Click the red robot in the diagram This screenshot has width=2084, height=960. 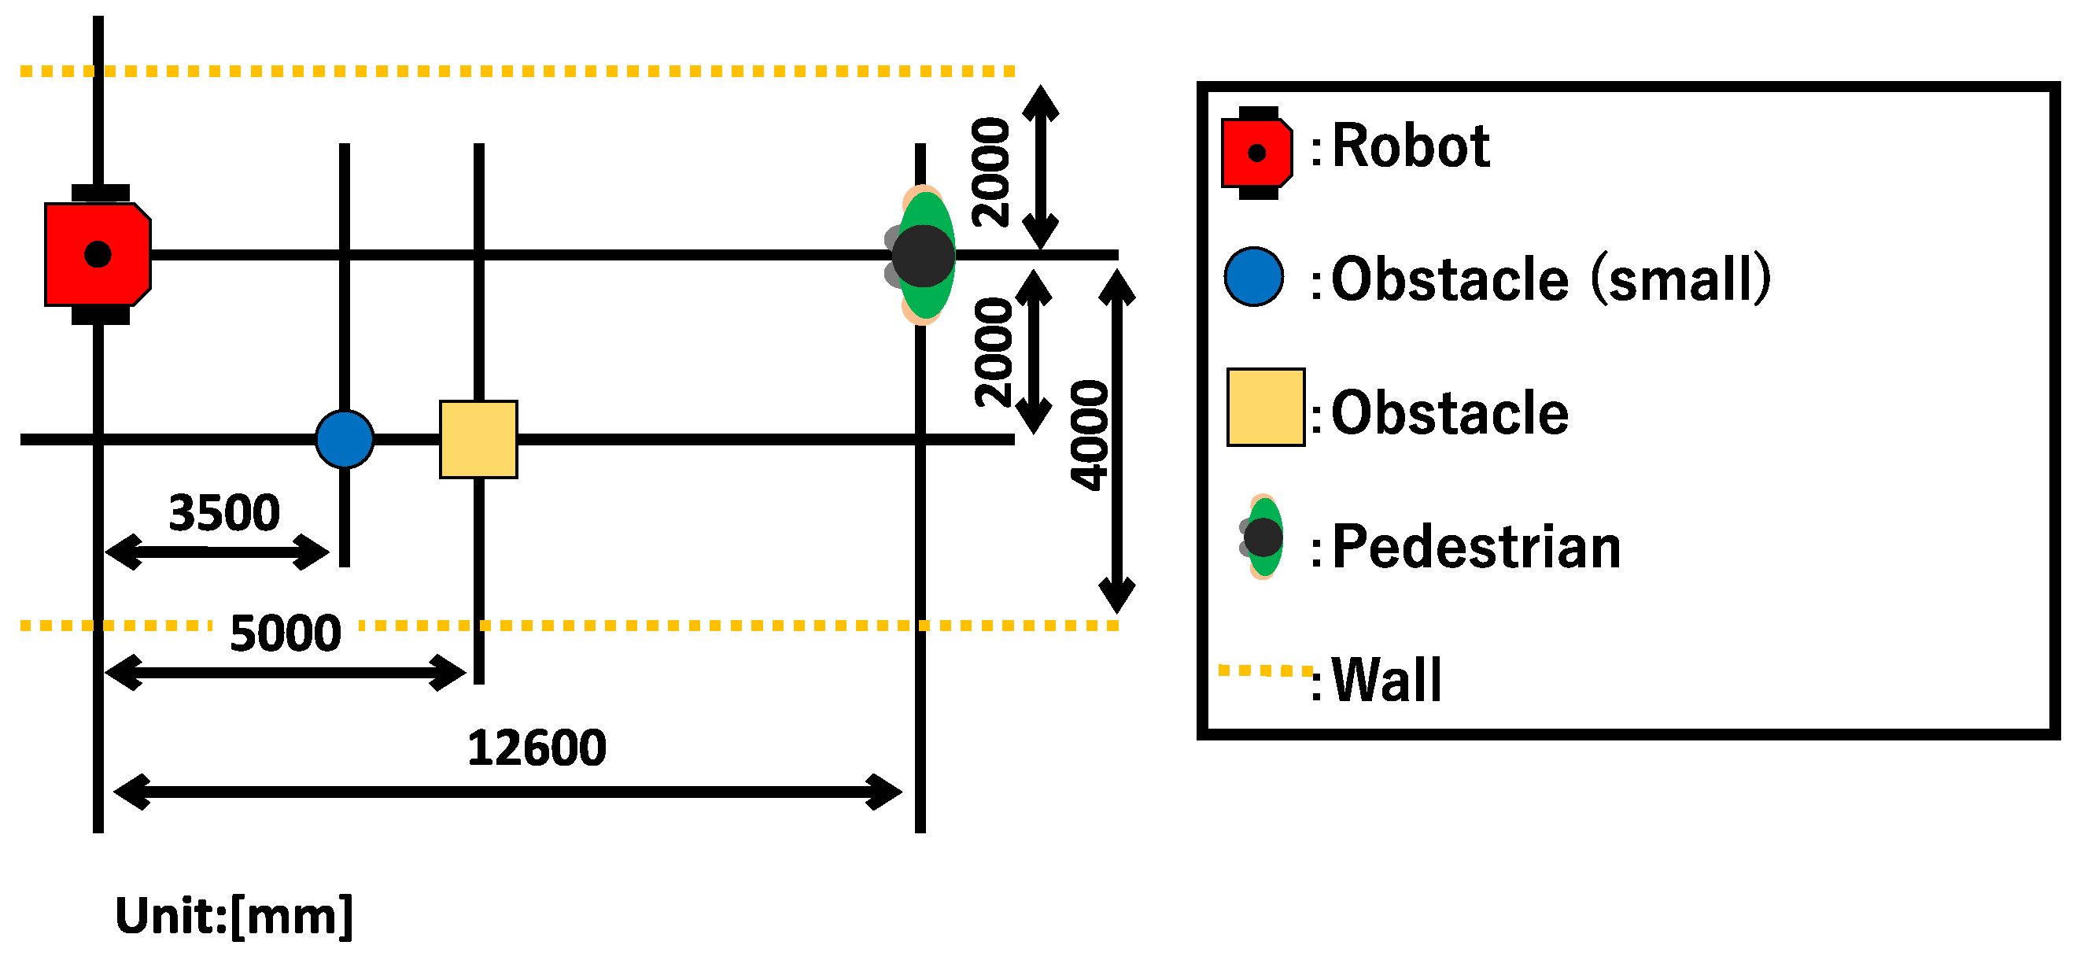click(x=97, y=254)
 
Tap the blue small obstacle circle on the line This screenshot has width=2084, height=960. click(x=345, y=440)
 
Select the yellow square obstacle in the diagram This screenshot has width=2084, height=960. click(x=478, y=440)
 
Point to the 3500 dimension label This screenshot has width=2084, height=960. click(x=224, y=513)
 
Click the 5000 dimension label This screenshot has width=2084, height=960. click(x=285, y=633)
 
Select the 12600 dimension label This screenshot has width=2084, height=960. click(x=537, y=748)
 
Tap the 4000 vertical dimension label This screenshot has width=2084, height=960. click(x=1090, y=435)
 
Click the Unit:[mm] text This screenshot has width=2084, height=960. click(x=234, y=916)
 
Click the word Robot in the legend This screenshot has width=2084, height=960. click(x=1410, y=146)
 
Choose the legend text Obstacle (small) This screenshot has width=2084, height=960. click(x=1550, y=279)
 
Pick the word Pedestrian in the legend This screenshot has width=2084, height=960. click(x=1476, y=547)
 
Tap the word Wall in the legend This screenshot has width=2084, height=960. click(x=1387, y=680)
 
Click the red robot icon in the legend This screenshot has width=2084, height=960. click(x=1256, y=153)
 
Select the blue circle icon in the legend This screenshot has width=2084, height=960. click(x=1254, y=277)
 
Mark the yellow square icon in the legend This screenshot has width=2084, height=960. click(x=1265, y=407)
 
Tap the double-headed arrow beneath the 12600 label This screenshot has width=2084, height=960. click(x=508, y=792)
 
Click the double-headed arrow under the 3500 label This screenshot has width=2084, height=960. click(x=217, y=552)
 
